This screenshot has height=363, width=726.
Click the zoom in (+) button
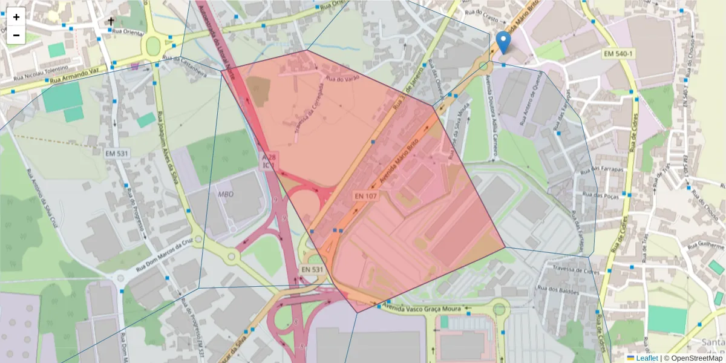pyautogui.click(x=16, y=17)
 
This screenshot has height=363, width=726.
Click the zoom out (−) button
pyautogui.click(x=16, y=35)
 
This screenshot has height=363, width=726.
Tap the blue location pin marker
pyautogui.click(x=503, y=42)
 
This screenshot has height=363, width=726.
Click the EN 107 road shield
pyautogui.click(x=367, y=197)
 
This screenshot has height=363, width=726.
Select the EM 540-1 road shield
pyautogui.click(x=618, y=54)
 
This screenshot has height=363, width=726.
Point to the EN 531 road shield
pyautogui.click(x=313, y=269)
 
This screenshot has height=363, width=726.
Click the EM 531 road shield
pyautogui.click(x=117, y=154)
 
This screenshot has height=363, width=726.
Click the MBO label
pyautogui.click(x=226, y=194)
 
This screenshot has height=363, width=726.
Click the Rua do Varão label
pyautogui.click(x=339, y=79)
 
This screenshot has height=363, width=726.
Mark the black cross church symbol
pyautogui.click(x=111, y=22)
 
